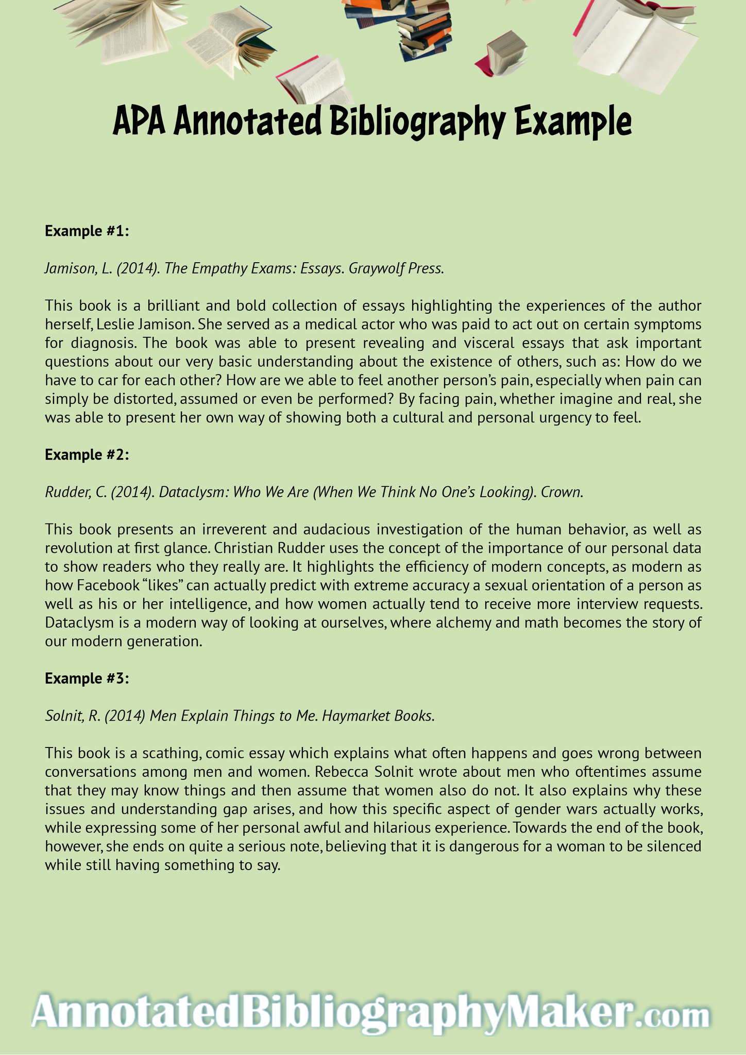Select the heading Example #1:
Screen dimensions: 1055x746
pos(86,231)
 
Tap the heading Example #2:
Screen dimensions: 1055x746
pos(86,455)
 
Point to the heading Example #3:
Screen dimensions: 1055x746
pos(86,678)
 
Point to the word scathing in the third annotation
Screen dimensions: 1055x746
pos(171,753)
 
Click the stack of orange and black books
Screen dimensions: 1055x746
pos(424,28)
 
